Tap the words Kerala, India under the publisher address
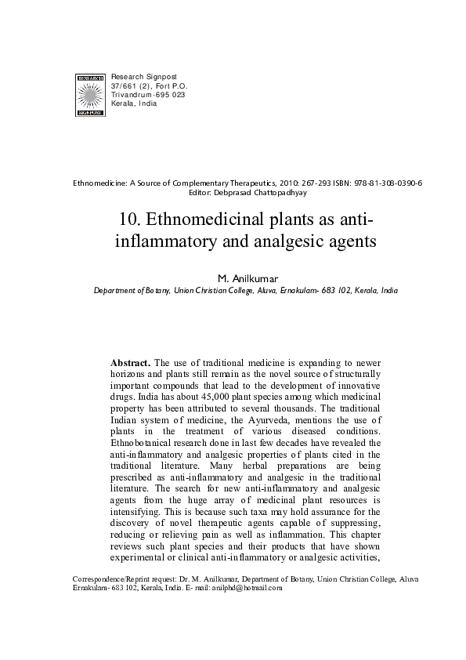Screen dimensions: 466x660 pyautogui.click(x=135, y=103)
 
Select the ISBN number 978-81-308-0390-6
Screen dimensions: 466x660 pyautogui.click(x=384, y=183)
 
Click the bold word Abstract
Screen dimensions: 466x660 pyautogui.click(x=130, y=363)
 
